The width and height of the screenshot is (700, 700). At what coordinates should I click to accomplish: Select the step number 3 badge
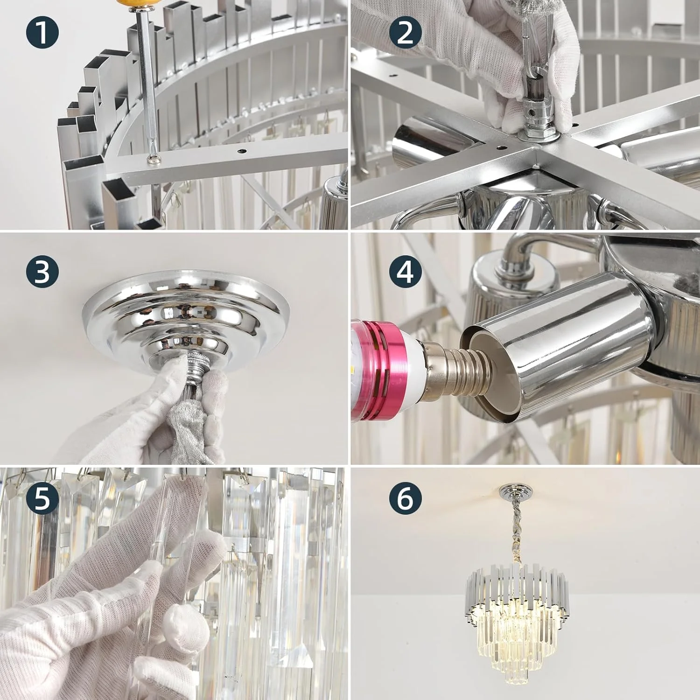(x=42, y=271)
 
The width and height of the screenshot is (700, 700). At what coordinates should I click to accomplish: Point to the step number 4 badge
(x=405, y=271)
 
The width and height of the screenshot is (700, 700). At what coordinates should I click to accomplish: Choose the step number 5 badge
(x=42, y=498)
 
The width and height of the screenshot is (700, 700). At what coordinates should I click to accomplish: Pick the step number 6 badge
(x=405, y=498)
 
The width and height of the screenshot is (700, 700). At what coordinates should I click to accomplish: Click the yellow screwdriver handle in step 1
(x=143, y=6)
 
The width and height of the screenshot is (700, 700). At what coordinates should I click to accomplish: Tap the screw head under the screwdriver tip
(x=154, y=160)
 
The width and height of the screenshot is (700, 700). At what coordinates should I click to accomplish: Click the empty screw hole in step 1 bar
(x=241, y=152)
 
